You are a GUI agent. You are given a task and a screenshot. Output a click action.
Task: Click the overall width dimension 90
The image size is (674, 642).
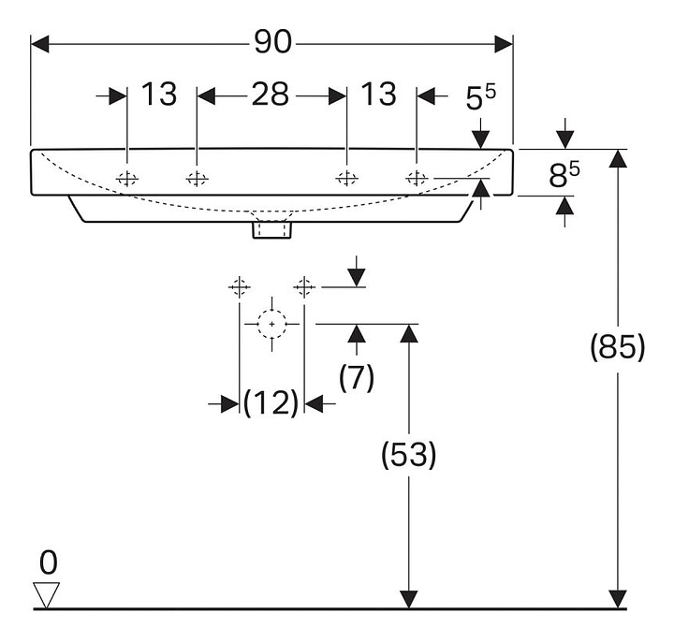coord(272,43)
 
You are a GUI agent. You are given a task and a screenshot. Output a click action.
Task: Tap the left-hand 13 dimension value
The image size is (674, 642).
coord(159,95)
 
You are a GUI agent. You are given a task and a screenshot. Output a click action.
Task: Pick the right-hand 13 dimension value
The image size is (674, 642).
coord(378,95)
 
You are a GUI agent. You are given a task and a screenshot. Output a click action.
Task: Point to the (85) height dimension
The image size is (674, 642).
coord(618,347)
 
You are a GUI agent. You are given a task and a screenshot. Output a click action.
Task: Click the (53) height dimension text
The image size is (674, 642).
coord(409,456)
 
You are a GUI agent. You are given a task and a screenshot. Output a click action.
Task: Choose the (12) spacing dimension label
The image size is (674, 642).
coord(271,403)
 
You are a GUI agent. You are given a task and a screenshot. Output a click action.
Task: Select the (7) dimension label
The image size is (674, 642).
coord(356,377)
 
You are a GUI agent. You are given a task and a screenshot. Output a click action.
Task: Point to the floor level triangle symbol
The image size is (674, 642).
coord(46,594)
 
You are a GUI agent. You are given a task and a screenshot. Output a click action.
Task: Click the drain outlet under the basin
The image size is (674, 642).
coord(272,228)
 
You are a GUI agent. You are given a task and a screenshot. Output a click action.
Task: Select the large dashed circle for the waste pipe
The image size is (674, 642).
coord(272,324)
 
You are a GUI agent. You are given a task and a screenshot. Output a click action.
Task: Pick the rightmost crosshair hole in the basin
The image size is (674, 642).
coord(417,179)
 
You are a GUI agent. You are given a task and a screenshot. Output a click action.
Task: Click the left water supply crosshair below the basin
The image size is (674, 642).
coord(241,285)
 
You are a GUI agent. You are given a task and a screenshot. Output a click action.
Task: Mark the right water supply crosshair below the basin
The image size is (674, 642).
coord(304,285)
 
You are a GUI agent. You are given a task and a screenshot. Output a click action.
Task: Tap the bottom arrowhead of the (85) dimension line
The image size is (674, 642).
coord(617,600)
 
